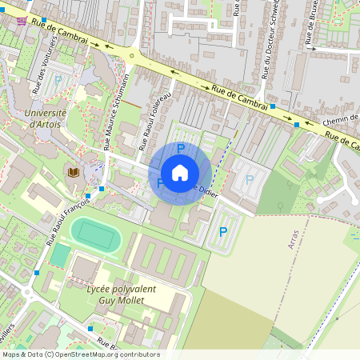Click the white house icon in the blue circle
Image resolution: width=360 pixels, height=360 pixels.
click(x=180, y=173)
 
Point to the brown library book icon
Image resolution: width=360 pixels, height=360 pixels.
click(x=73, y=172)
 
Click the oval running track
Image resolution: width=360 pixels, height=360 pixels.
click(x=96, y=235)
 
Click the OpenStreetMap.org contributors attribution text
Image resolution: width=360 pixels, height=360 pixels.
click(x=107, y=354)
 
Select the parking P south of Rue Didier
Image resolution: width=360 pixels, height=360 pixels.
click(x=222, y=231)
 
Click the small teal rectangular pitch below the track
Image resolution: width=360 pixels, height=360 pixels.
click(x=60, y=255)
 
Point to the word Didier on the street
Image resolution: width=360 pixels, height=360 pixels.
click(x=206, y=190)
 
